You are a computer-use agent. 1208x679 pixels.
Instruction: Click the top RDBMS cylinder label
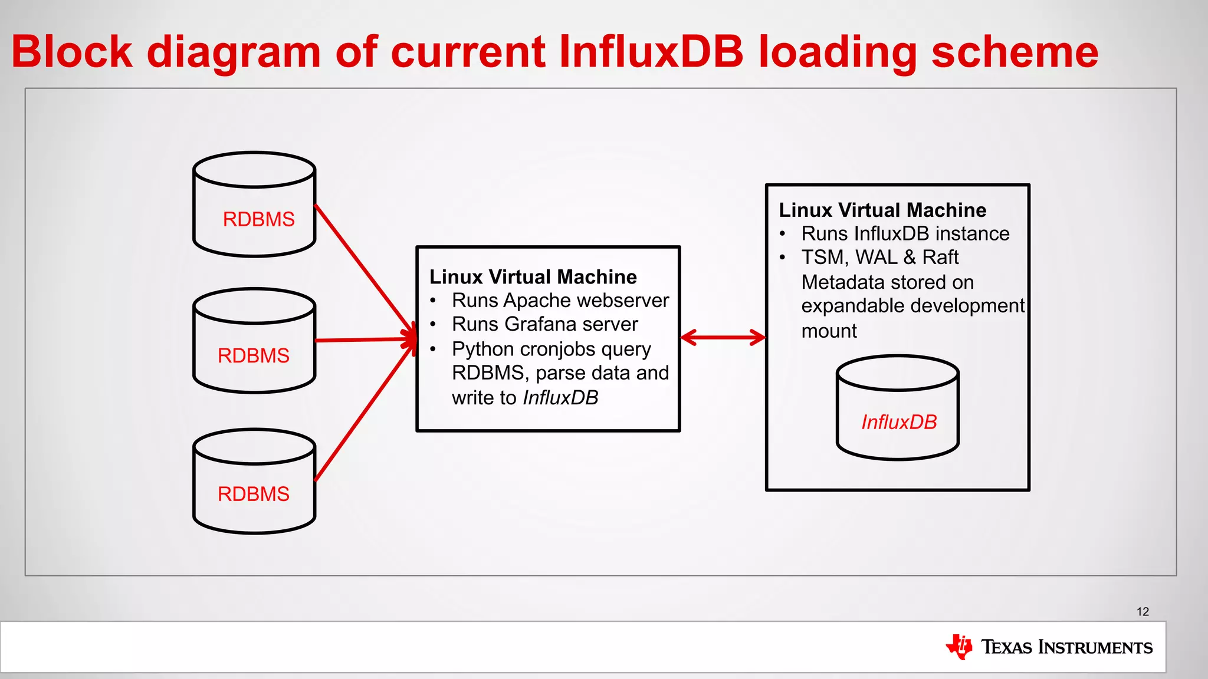point(258,219)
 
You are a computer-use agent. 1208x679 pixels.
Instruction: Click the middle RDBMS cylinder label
point(254,355)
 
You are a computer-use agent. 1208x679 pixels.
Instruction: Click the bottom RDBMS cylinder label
point(254,494)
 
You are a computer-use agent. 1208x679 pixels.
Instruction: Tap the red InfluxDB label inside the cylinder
point(899,422)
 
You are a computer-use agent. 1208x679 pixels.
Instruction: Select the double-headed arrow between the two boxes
point(723,338)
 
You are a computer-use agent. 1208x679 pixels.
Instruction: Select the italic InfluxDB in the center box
point(560,398)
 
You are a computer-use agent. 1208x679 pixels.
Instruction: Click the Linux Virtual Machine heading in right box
point(882,210)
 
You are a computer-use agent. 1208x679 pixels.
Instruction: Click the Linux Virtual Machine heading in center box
point(533,276)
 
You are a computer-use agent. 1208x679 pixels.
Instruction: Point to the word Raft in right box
point(940,258)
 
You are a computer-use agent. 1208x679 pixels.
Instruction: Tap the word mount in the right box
point(829,331)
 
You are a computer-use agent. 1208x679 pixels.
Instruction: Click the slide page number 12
point(1143,612)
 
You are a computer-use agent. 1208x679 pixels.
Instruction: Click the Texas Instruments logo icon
point(959,647)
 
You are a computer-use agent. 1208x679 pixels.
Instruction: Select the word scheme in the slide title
point(1015,52)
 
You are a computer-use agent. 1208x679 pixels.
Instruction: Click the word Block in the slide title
point(72,52)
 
